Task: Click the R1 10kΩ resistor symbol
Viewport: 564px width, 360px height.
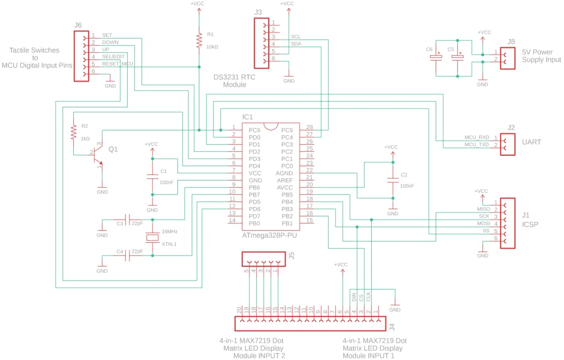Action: [x=199, y=40]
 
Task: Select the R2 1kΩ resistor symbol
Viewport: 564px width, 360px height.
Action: [x=73, y=132]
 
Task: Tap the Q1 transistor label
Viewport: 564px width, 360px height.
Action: [x=113, y=149]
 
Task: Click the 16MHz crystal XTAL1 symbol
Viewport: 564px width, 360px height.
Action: [x=152, y=237]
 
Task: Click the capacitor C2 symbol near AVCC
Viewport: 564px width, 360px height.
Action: [x=392, y=180]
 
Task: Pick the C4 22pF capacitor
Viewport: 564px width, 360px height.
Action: [x=127, y=255]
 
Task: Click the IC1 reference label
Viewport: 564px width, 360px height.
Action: [x=248, y=117]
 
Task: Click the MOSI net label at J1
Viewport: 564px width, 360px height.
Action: [x=483, y=224]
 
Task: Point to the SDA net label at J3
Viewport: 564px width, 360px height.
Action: [x=296, y=43]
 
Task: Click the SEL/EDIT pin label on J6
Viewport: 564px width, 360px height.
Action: [x=113, y=57]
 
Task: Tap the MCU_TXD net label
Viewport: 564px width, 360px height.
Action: [x=477, y=145]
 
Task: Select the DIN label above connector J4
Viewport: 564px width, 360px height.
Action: [x=354, y=297]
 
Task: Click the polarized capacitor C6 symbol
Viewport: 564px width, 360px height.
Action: [x=437, y=57]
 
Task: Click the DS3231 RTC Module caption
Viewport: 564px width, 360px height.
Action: [x=235, y=81]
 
